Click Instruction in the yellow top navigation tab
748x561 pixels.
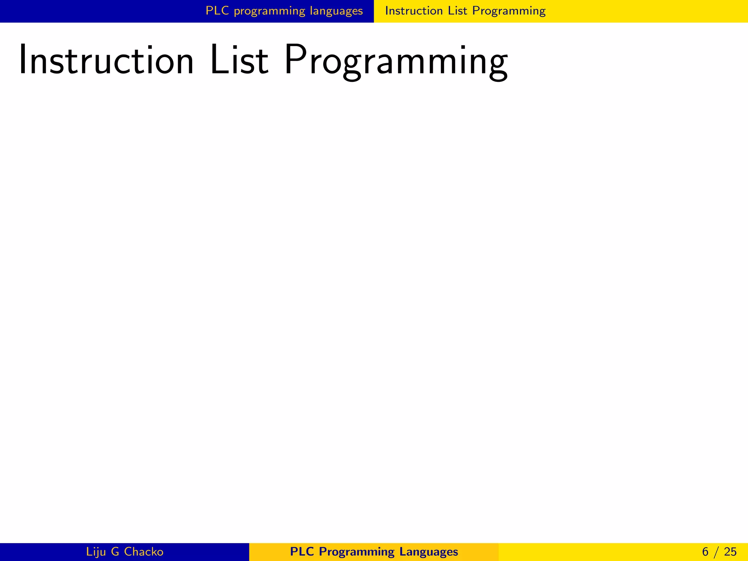[x=414, y=11]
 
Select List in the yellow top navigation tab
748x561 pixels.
[x=457, y=11]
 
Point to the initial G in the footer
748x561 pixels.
[x=115, y=552]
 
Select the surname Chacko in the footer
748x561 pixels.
[x=144, y=552]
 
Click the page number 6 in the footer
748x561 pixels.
[x=705, y=552]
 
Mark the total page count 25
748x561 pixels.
[x=730, y=552]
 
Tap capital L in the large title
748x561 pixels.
[x=218, y=60]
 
